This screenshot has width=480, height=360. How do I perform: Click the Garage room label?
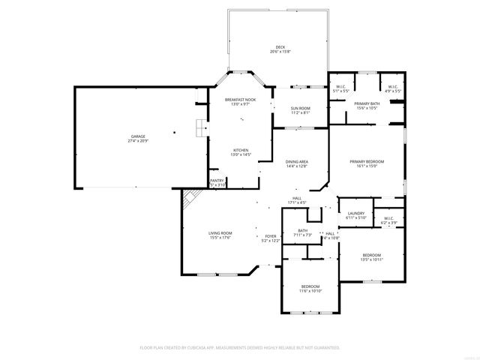(x=137, y=136)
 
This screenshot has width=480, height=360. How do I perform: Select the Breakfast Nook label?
(x=240, y=100)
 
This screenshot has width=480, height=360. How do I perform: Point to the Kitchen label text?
(x=240, y=150)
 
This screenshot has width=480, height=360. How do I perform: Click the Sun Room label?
(x=300, y=109)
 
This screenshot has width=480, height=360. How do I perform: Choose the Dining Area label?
(x=297, y=162)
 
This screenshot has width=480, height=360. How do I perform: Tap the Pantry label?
(x=216, y=180)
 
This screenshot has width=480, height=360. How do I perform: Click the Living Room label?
(x=220, y=233)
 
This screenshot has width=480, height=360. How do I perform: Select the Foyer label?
(x=270, y=236)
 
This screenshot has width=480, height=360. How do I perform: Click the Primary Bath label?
(x=367, y=103)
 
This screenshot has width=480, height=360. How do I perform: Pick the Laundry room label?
(x=356, y=214)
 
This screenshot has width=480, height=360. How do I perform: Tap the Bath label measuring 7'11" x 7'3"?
(x=302, y=230)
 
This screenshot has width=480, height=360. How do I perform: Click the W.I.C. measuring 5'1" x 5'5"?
(x=340, y=87)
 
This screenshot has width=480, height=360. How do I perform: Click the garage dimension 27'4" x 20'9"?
(x=137, y=141)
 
